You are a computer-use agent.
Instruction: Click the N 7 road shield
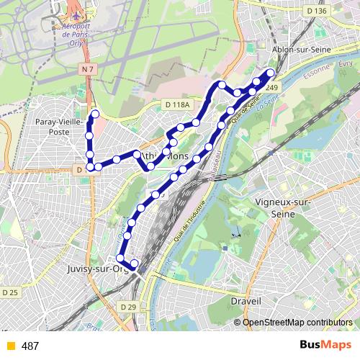[x=88, y=68]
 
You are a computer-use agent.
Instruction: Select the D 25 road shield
[x=10, y=292]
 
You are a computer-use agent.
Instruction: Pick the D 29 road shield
[x=129, y=307]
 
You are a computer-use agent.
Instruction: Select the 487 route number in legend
[x=30, y=346]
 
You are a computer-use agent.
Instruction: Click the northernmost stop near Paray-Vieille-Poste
[x=94, y=114]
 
